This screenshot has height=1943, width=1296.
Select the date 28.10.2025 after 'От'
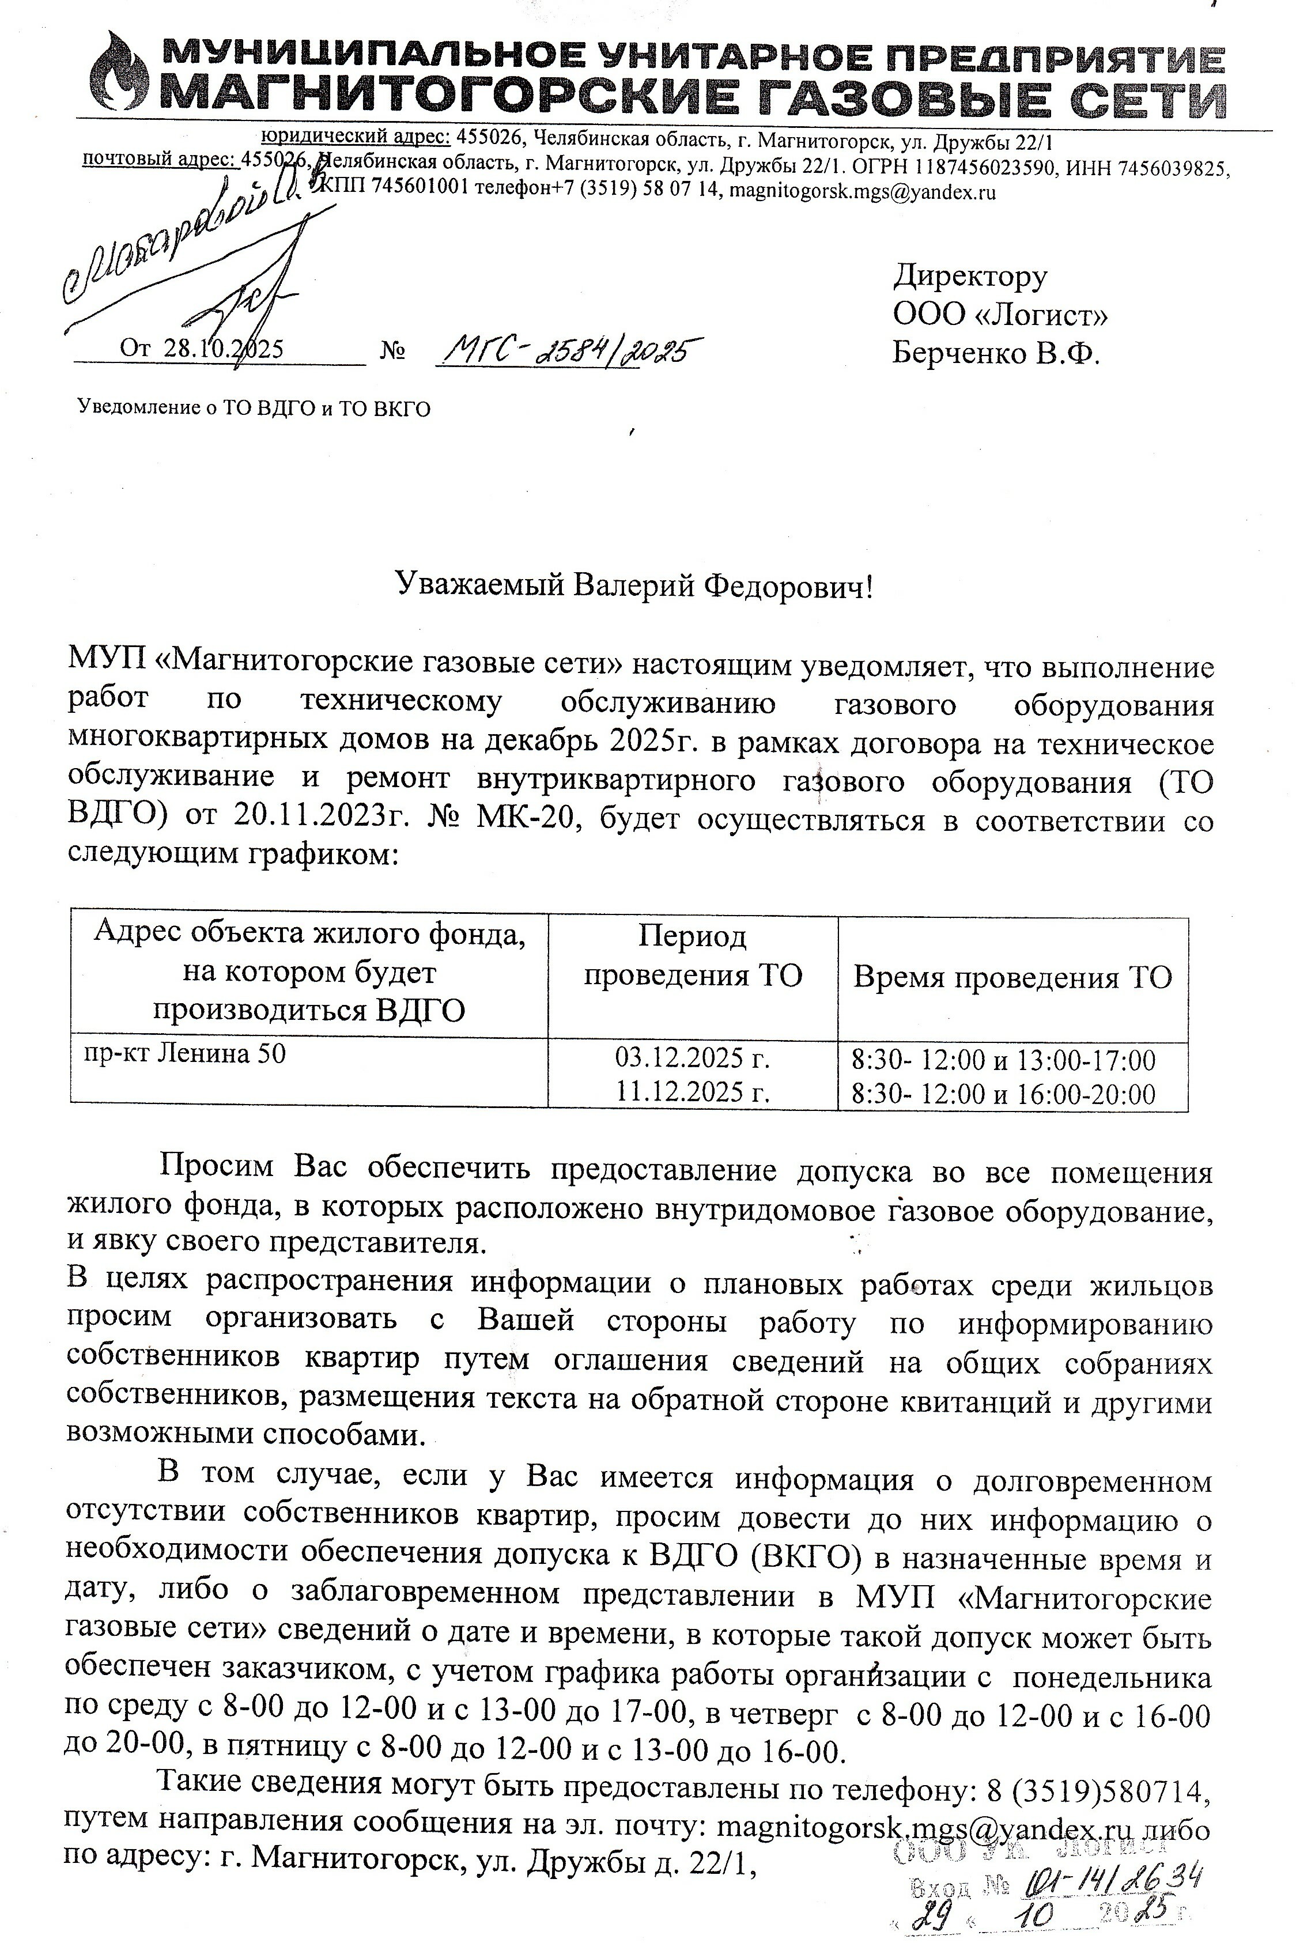tap(223, 349)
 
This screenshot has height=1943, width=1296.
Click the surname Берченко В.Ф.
tap(996, 354)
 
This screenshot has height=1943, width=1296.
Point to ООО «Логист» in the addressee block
tap(1000, 315)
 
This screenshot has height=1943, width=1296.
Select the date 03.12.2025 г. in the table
tap(693, 1058)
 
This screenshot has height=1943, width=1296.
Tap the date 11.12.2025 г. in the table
tap(693, 1093)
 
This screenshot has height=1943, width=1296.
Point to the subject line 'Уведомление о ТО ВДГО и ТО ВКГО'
tap(254, 409)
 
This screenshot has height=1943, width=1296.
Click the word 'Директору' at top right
tap(969, 275)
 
